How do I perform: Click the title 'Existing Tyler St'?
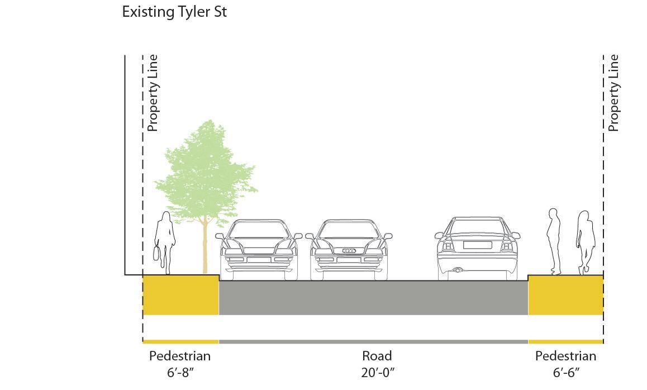tap(174, 12)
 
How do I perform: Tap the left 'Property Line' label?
tap(153, 93)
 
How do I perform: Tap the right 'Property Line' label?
tap(613, 93)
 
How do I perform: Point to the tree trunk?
tap(205, 246)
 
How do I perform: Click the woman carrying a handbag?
tap(163, 243)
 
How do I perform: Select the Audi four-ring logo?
tap(349, 251)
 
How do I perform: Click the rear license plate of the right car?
tap(477, 245)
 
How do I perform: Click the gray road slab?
tap(373, 298)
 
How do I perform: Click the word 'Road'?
tap(377, 356)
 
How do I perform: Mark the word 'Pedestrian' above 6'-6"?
tap(565, 356)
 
